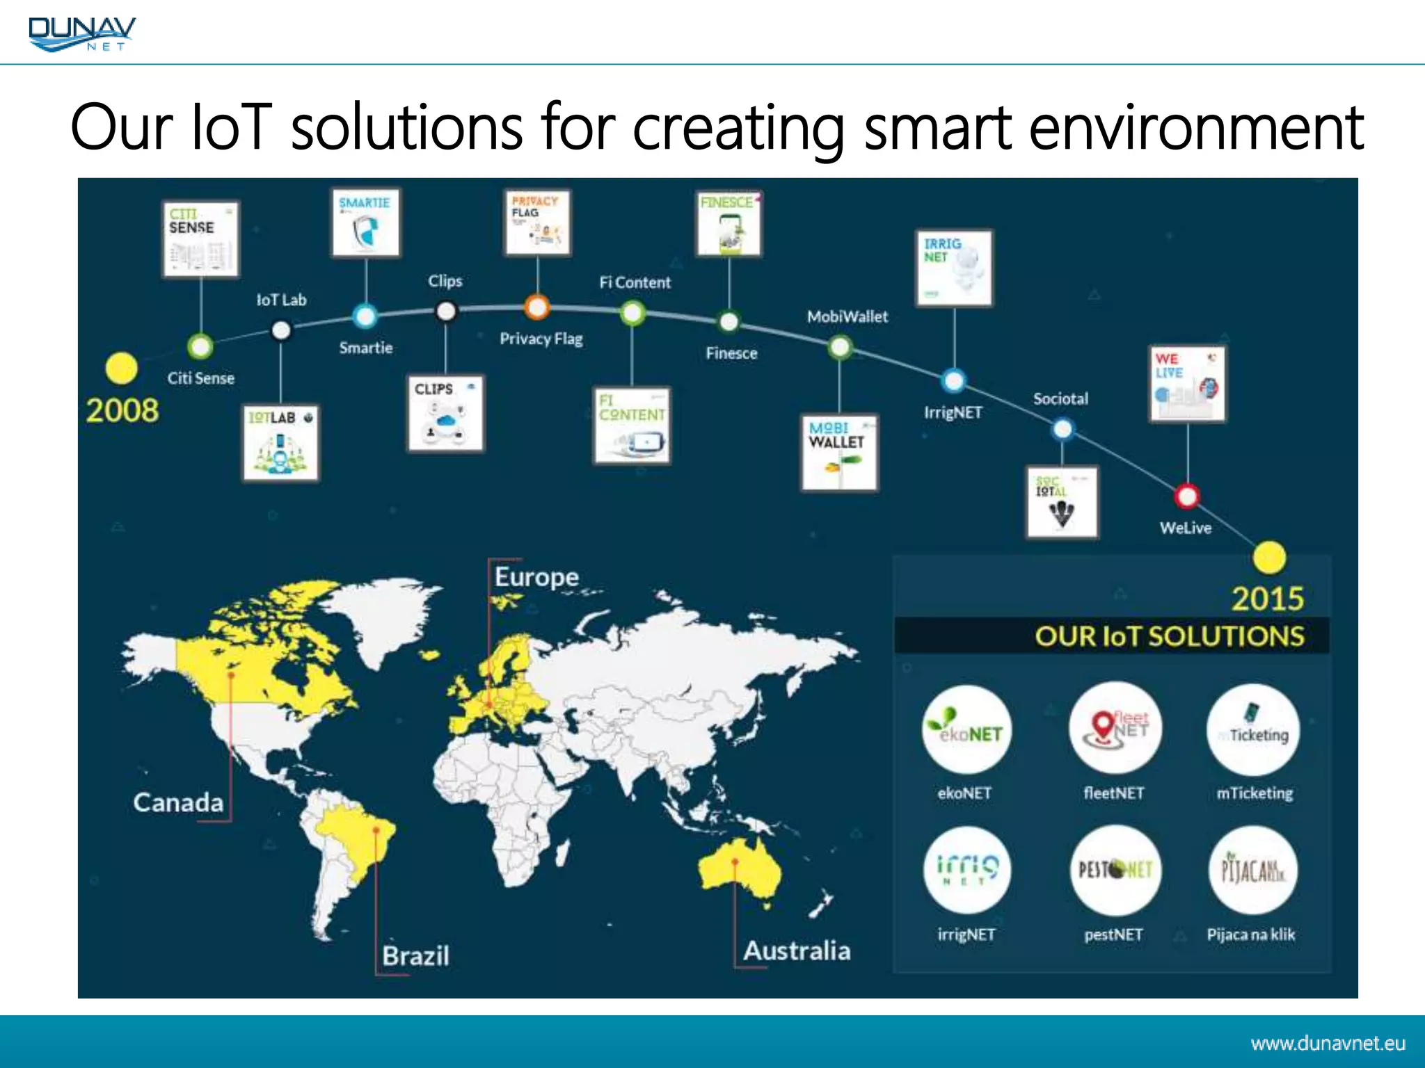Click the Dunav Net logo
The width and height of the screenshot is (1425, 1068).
[82, 33]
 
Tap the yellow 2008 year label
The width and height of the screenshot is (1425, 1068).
[122, 410]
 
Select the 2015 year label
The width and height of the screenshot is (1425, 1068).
[1267, 599]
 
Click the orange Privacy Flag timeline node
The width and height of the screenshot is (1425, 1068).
[537, 307]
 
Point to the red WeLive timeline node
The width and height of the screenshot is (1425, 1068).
[1186, 496]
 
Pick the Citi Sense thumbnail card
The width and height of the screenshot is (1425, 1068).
[200, 239]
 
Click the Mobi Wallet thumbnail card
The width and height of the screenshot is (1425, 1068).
[839, 453]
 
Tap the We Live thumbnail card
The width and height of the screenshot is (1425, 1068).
[1187, 384]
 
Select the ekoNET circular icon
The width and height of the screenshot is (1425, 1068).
[966, 729]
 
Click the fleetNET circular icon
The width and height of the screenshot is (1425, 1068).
[1115, 728]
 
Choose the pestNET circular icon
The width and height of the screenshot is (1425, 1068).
[1115, 870]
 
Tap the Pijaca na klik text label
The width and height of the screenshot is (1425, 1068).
[1250, 934]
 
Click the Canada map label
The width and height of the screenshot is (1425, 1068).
[178, 802]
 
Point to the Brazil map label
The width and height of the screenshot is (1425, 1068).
[415, 956]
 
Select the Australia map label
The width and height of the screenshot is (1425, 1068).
[797, 950]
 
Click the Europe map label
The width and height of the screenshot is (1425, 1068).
[536, 577]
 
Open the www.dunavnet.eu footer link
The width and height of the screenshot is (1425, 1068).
[1328, 1043]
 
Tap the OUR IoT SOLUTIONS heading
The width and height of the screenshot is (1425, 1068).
[1169, 636]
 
